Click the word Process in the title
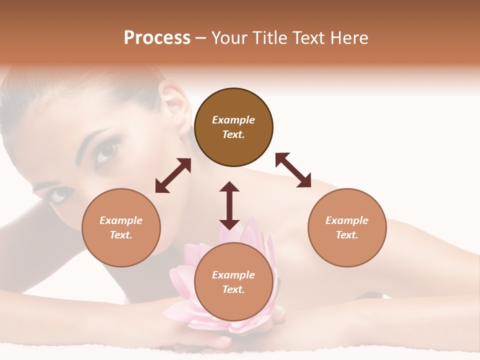tap(157, 38)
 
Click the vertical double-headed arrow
tap(229, 205)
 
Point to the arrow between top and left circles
tap(173, 175)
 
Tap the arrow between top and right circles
tap(293, 170)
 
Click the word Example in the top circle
tap(233, 120)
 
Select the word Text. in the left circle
tap(121, 235)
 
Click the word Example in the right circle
tap(347, 220)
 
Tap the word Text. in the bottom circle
tap(233, 289)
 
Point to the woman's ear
tap(175, 105)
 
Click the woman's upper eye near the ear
tap(107, 151)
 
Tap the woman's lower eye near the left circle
tap(59, 194)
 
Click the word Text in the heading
tap(308, 38)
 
